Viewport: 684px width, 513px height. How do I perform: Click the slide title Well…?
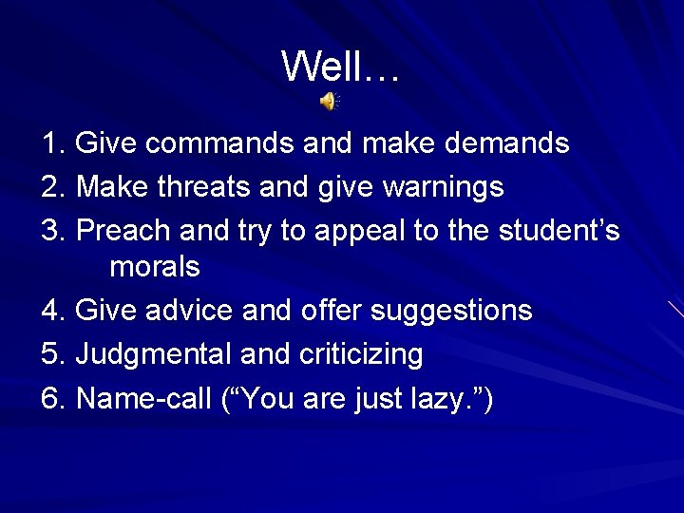click(342, 66)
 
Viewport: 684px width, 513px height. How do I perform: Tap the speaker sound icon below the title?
click(329, 102)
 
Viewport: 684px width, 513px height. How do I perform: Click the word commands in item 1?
click(220, 143)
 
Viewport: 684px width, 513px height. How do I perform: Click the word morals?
click(155, 267)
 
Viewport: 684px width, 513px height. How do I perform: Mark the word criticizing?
click(361, 354)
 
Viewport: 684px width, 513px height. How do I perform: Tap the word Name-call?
click(143, 398)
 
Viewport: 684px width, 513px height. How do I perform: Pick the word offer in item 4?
click(331, 311)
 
